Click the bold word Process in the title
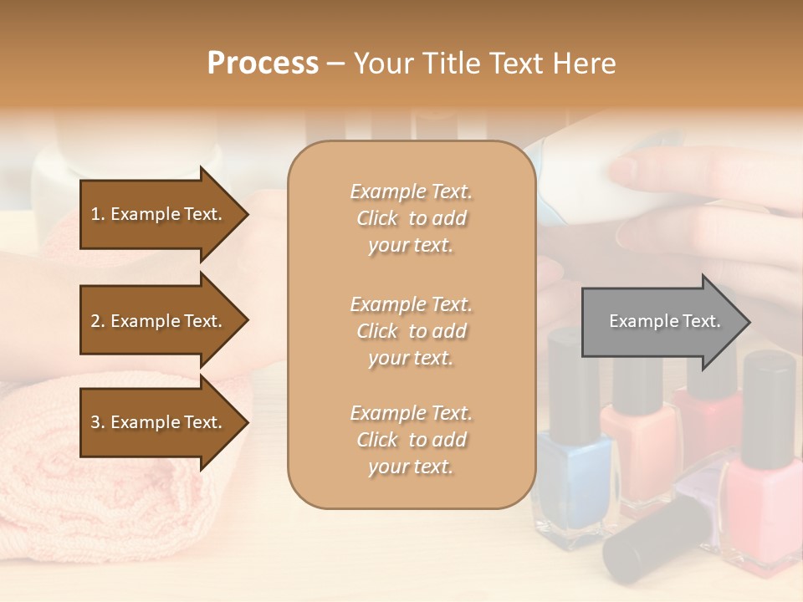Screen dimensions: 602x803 click(x=263, y=63)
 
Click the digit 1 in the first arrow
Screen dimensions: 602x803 click(x=95, y=214)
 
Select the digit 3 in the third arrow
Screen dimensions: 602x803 click(x=95, y=422)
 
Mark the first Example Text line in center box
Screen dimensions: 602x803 click(x=411, y=191)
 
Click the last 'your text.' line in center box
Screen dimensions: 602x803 click(x=411, y=467)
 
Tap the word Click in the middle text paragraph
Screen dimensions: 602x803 click(x=376, y=331)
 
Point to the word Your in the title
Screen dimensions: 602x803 click(x=385, y=63)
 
